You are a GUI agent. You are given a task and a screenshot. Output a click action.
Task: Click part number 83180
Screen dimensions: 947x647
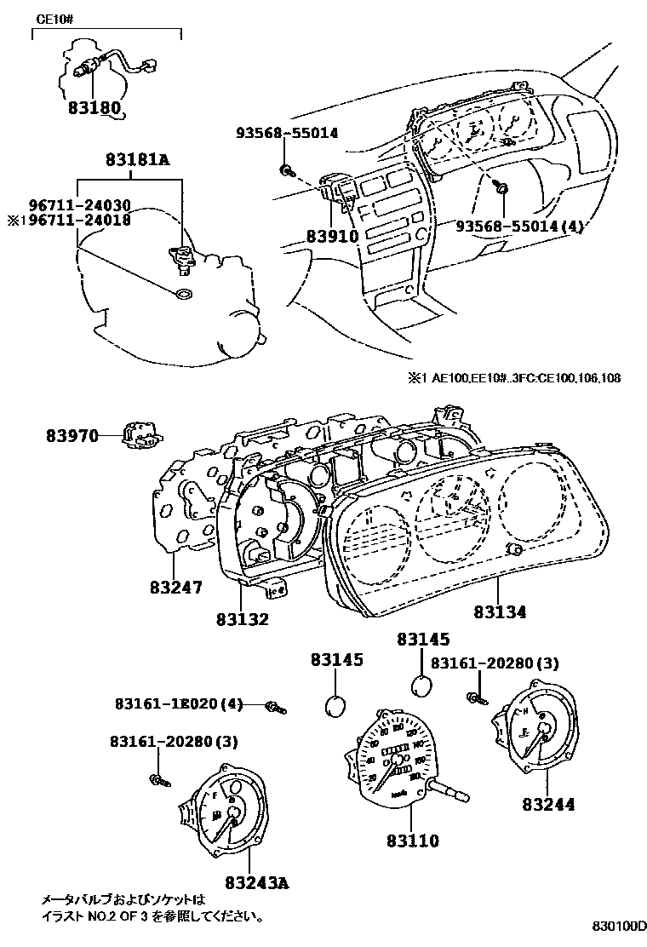94,109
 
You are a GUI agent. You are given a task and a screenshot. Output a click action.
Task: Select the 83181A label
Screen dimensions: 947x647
138,159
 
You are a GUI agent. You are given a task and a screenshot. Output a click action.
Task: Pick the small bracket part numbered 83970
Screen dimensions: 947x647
140,436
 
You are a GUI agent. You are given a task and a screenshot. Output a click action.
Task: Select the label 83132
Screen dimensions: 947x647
242,619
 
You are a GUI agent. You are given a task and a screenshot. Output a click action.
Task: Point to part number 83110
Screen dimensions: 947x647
411,841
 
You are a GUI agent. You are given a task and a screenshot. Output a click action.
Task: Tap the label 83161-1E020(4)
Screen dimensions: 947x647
179,704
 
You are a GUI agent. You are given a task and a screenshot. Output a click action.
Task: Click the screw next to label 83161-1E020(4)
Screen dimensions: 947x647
275,706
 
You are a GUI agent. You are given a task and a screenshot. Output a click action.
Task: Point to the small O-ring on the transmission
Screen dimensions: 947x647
181,295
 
